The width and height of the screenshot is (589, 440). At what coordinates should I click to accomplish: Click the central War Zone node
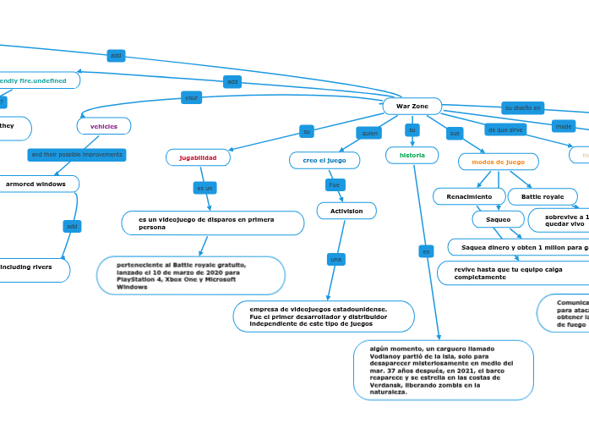tap(412, 106)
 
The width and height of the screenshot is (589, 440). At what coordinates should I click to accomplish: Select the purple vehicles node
tap(104, 126)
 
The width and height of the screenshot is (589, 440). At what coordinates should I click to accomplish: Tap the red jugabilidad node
tap(198, 157)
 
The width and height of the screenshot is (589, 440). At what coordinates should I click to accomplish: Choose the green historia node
tap(412, 155)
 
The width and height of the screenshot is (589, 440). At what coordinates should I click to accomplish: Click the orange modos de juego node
tap(498, 162)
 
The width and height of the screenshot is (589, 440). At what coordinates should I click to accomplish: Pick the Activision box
tap(346, 211)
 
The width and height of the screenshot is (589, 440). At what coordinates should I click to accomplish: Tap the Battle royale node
tap(542, 196)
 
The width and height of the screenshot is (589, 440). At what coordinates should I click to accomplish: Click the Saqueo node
tap(498, 219)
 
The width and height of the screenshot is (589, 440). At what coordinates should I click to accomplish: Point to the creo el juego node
tap(324, 160)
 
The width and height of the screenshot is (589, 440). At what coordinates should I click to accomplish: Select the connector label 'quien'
tap(369, 133)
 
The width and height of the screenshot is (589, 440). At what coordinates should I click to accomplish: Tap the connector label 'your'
tap(192, 97)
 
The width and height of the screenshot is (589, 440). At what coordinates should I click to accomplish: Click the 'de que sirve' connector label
tap(505, 129)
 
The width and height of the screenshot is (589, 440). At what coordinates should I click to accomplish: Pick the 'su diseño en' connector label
tap(523, 108)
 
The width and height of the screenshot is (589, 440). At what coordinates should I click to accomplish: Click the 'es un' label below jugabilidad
tap(205, 188)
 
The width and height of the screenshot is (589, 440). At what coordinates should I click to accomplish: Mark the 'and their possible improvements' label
tap(76, 155)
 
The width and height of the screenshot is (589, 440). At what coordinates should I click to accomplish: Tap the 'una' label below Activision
tap(335, 259)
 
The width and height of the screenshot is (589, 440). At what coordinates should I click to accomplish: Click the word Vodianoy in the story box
tap(389, 356)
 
